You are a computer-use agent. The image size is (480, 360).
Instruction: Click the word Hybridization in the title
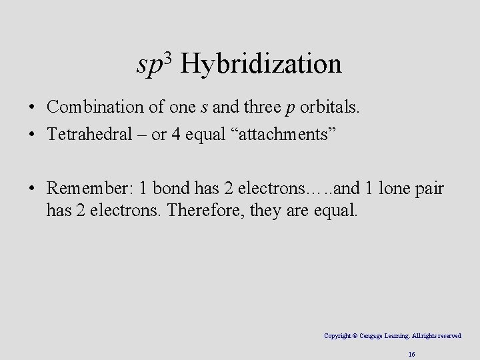(261, 65)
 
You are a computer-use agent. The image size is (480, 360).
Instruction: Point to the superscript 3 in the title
(168, 57)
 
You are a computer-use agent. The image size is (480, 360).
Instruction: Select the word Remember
(89, 189)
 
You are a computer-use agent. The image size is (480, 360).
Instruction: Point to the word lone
(396, 189)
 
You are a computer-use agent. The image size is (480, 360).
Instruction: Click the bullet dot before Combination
(32, 107)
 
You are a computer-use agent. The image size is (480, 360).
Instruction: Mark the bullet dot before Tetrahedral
(32, 135)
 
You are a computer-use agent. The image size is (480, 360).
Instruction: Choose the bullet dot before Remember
(32, 190)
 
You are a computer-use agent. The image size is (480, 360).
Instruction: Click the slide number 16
(412, 355)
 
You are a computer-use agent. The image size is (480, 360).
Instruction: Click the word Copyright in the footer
(338, 336)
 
